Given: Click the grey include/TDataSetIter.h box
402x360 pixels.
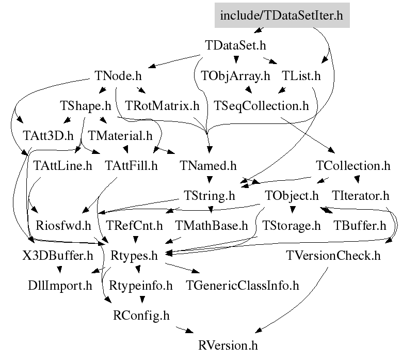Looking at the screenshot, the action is point(282,15).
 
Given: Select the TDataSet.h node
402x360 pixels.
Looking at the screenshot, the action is point(236,45).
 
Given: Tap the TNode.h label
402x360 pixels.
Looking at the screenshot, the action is point(118,76).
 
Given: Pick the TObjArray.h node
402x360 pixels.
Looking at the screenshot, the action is point(236,76).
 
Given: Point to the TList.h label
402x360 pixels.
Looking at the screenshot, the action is point(301,76).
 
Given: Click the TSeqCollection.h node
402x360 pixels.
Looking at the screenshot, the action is point(261,106).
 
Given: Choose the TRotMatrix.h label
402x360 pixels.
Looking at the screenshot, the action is point(162,106).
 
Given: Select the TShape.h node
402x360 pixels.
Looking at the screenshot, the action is point(86,106).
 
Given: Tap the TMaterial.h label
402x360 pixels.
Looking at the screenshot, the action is point(120,135).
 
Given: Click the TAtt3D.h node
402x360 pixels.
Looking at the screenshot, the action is point(48,135).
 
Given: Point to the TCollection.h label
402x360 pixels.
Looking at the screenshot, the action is point(353,165).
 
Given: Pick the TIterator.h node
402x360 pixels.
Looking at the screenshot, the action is point(361,196).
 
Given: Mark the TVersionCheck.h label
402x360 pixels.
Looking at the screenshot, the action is point(333,256).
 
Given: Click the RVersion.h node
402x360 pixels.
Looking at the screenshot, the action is point(228,346).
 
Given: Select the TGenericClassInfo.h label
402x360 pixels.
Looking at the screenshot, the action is point(243,286).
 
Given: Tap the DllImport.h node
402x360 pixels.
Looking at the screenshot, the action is point(60,286).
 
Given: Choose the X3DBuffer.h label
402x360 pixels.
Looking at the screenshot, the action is point(58,256).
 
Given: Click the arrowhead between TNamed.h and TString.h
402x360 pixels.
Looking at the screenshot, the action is point(210,180).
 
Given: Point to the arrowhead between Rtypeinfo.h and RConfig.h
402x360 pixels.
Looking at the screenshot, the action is point(142,299).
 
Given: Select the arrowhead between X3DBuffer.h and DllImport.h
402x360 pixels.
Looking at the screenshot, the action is point(59,270).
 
